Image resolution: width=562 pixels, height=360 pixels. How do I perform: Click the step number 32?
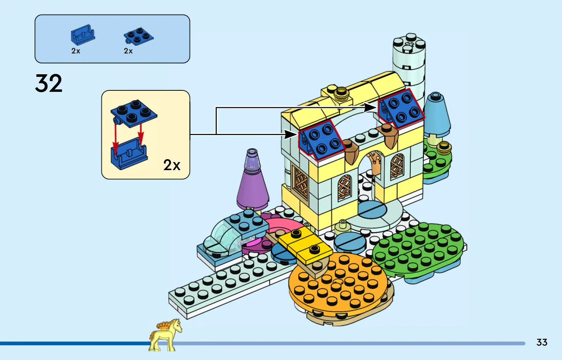[x=49, y=83]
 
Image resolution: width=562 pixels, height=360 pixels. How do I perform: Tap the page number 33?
[x=541, y=342]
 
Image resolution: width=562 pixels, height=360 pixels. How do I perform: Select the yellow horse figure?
[x=165, y=335]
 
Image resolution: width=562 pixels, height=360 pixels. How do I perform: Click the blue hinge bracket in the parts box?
[x=83, y=35]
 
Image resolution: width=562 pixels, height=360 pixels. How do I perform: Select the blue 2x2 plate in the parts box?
[x=138, y=36]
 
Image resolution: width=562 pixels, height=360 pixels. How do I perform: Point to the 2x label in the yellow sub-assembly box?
[x=172, y=165]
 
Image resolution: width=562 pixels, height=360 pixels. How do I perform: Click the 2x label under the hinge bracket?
[x=76, y=51]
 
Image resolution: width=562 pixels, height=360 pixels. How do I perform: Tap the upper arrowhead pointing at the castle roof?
[x=371, y=107]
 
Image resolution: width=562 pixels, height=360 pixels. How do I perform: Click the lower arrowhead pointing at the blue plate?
[x=291, y=135]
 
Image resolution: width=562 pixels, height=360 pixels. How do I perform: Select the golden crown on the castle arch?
[x=374, y=161]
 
